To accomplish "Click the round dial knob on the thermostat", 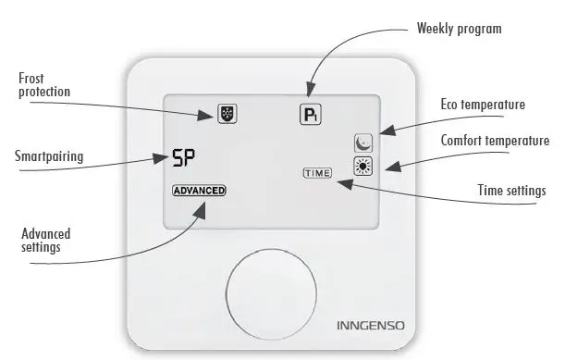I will (276, 289).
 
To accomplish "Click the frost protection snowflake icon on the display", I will (226, 115).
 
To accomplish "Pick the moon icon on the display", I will (362, 143).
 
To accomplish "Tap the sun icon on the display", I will (362, 168).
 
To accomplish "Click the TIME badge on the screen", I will (315, 173).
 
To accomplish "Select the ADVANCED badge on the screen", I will (198, 191).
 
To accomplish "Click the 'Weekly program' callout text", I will (459, 29).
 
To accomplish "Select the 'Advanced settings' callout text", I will (45, 241).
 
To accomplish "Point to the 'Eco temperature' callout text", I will (475, 105).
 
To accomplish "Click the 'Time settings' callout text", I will (511, 191).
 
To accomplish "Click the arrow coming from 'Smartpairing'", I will (120, 159).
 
